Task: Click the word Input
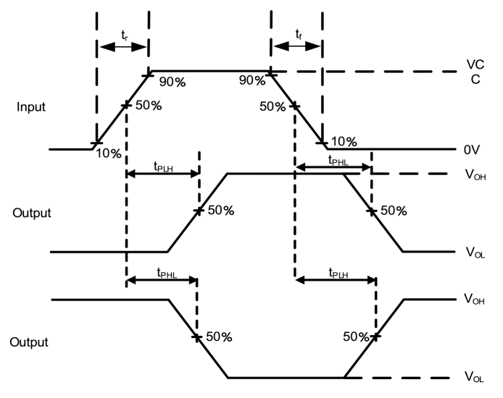[x=30, y=107]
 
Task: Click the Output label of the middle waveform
[x=32, y=213]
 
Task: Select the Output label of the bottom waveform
[x=29, y=342]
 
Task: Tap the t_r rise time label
[x=125, y=35]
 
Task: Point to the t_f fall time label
[x=299, y=34]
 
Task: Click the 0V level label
[x=472, y=150]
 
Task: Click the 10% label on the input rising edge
[x=109, y=153]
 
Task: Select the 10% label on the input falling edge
[x=344, y=142]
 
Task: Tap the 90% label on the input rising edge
[x=172, y=82]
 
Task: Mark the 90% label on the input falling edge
[x=252, y=80]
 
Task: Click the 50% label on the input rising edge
[x=149, y=106]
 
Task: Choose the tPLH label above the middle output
[x=163, y=166]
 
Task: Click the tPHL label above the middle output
[x=338, y=160]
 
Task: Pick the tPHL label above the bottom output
[x=167, y=273]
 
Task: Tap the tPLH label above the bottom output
[x=338, y=273]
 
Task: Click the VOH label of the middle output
[x=475, y=175]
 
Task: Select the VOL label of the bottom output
[x=474, y=377]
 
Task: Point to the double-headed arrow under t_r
[x=123, y=47]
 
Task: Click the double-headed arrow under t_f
[x=297, y=46]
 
